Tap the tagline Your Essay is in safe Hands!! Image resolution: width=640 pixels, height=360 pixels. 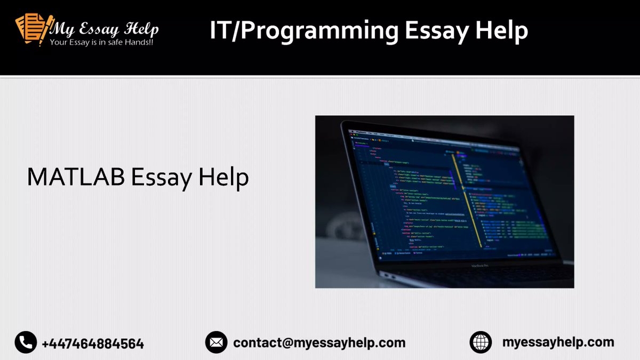(x=101, y=42)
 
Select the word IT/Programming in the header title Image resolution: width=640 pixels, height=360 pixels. (x=303, y=31)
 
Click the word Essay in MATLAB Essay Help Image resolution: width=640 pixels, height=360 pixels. (x=162, y=178)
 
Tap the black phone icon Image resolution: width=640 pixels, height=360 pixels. (x=25, y=342)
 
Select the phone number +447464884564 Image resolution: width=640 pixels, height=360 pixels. (x=93, y=343)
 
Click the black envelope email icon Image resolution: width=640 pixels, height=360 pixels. (x=216, y=342)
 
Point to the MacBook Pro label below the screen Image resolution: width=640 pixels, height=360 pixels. (x=484, y=266)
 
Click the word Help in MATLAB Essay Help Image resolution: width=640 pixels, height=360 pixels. (x=224, y=178)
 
